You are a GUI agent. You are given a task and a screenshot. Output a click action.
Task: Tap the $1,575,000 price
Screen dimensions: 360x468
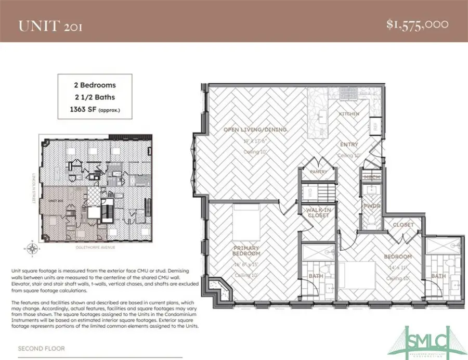pyautogui.click(x=418, y=24)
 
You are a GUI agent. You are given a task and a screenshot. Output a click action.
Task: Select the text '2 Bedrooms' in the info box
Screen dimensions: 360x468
pyautogui.click(x=95, y=84)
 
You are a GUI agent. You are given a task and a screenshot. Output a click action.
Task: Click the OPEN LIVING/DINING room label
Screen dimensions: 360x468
pyautogui.click(x=255, y=130)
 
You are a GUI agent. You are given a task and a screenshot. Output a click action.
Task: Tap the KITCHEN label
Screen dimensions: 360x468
pyautogui.click(x=349, y=113)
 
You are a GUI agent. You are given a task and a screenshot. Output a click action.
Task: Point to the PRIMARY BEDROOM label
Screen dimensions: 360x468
pyautogui.click(x=246, y=251)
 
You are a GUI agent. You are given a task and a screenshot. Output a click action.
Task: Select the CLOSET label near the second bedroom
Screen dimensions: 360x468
pyautogui.click(x=404, y=225)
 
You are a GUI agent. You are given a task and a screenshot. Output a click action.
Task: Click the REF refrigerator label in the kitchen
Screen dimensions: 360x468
pyautogui.click(x=374, y=126)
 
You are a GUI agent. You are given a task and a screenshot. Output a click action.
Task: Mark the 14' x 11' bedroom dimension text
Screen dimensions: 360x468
pyautogui.click(x=398, y=267)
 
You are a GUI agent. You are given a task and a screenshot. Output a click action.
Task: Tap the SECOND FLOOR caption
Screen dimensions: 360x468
pyautogui.click(x=42, y=349)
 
